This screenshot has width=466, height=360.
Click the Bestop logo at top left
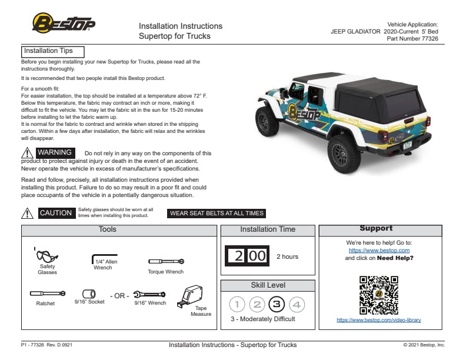click(x=64, y=24)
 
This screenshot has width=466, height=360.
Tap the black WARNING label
click(x=55, y=153)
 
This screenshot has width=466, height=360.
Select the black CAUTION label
click(x=56, y=213)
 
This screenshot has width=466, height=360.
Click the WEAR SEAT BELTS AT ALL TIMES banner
click(x=217, y=214)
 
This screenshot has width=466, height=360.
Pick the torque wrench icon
click(x=166, y=261)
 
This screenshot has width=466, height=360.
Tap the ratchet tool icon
click(x=48, y=293)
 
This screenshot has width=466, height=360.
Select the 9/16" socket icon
click(x=89, y=293)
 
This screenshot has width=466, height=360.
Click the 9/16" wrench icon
click(x=149, y=294)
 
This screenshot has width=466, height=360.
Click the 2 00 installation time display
click(x=248, y=256)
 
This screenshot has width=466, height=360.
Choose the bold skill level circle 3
click(x=277, y=305)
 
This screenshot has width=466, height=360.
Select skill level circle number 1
click(x=237, y=305)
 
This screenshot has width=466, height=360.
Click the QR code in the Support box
click(x=378, y=295)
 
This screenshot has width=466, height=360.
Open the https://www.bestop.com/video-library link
click(x=378, y=320)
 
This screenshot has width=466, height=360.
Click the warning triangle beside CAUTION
click(x=27, y=213)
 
